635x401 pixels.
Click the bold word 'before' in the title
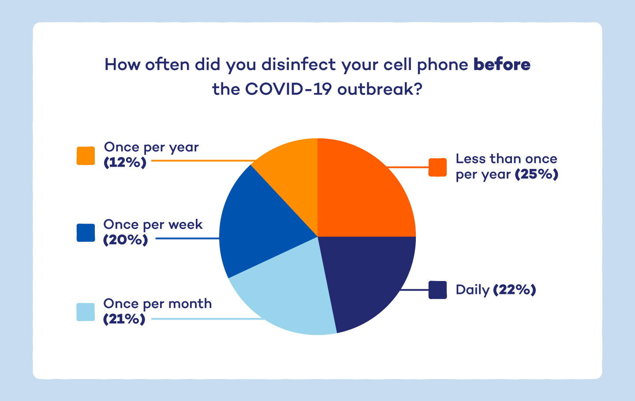click(502, 64)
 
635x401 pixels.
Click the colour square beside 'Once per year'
click(86, 156)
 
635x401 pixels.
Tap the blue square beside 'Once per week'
click(86, 233)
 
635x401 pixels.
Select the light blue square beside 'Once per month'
click(86, 312)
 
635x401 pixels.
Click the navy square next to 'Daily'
click(438, 290)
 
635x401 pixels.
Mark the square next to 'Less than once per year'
click(438, 167)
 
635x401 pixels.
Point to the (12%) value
click(125, 163)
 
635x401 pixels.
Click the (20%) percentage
click(125, 240)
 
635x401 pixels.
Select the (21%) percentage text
click(124, 319)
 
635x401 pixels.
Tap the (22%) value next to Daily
click(514, 290)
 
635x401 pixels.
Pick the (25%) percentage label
click(537, 174)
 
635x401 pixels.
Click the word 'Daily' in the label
click(473, 290)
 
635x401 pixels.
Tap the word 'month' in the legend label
click(190, 304)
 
